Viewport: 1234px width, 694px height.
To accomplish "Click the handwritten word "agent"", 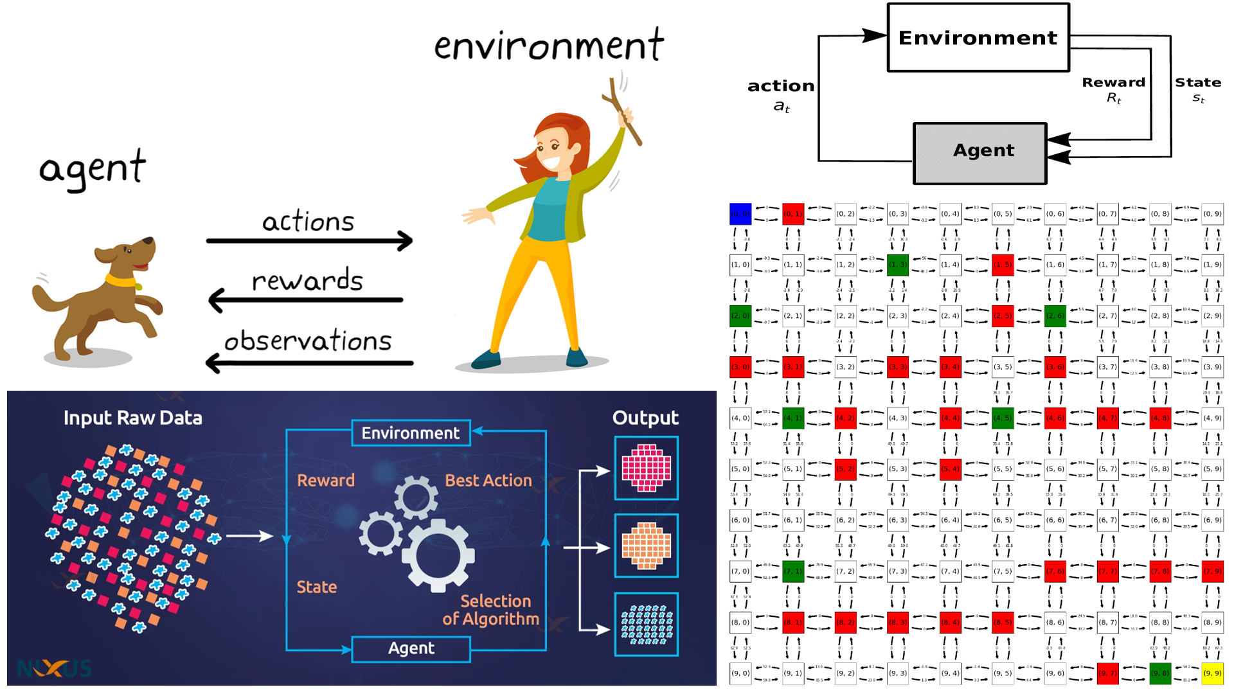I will tap(93, 168).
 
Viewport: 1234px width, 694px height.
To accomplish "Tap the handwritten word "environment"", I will tap(548, 46).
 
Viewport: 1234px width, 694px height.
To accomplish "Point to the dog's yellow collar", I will tap(122, 281).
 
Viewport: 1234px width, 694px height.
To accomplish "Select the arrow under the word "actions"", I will tap(309, 241).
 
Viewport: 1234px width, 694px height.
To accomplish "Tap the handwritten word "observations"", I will tap(308, 341).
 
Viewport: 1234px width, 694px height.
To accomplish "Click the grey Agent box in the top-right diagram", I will tap(980, 153).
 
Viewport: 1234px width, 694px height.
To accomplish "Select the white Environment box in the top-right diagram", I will tap(978, 37).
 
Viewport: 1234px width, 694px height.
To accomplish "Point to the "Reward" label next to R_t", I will tap(1113, 82).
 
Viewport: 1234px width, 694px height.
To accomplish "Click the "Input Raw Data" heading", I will tap(132, 418).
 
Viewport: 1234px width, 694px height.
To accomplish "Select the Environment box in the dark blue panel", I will tap(411, 433).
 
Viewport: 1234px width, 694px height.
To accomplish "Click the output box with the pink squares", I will tap(646, 468).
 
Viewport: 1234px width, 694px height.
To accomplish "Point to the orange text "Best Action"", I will tap(488, 481).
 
